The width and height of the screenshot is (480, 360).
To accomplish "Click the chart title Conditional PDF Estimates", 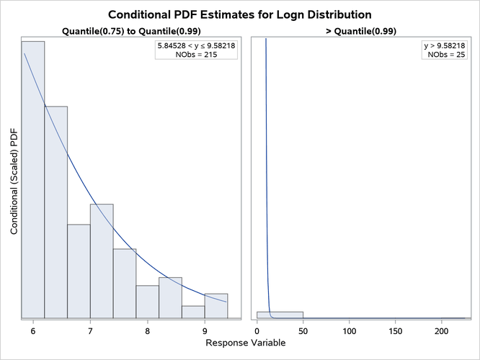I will click(x=240, y=14).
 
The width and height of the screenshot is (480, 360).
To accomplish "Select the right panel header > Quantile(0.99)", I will click(x=358, y=31).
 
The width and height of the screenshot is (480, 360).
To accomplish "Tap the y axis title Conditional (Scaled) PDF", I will click(x=15, y=178).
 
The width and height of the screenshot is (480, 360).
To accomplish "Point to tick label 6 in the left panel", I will click(x=33, y=331).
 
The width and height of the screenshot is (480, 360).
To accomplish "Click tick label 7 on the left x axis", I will click(x=90, y=331).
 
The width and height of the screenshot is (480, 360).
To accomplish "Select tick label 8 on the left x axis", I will click(x=148, y=331).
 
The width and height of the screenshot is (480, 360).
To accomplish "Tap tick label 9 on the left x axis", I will click(x=205, y=331).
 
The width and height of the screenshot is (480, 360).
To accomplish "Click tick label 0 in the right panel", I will click(x=257, y=331).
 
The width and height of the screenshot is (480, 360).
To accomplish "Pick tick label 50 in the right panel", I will click(x=303, y=331).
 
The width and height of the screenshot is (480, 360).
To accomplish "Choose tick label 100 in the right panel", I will click(x=350, y=331).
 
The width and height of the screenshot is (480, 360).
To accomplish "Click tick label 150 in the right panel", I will click(x=396, y=331).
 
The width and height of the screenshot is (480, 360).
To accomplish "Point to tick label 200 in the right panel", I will click(x=442, y=331).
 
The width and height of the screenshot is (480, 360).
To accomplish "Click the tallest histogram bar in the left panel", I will click(x=33, y=180).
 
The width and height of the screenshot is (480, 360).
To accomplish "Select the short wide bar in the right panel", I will click(x=280, y=315).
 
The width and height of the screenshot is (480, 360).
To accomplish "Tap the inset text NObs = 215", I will click(x=196, y=55).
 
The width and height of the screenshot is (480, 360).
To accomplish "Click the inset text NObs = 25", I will click(x=444, y=55).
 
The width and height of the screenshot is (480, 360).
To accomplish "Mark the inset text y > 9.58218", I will click(x=444, y=45).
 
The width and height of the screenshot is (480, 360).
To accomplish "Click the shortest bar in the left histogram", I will click(x=193, y=312).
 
